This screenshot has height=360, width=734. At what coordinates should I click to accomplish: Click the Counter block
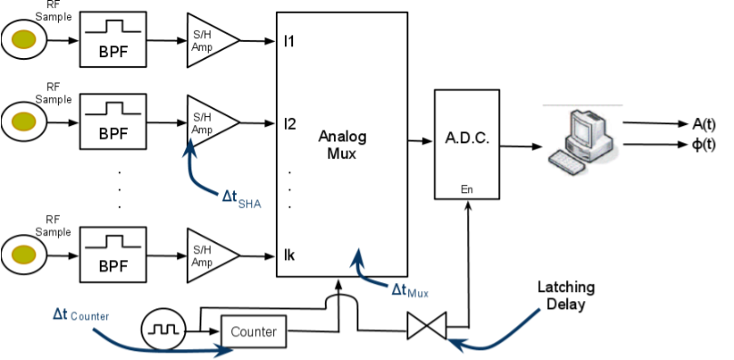(x=254, y=332)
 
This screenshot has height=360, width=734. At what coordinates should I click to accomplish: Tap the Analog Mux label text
(x=342, y=144)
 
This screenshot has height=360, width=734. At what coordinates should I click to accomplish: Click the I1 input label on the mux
(x=289, y=41)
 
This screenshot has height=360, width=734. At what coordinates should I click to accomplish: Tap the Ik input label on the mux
(x=289, y=256)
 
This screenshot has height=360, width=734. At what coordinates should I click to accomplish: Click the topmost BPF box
(x=113, y=40)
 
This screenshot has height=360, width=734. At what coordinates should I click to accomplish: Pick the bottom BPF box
(x=113, y=254)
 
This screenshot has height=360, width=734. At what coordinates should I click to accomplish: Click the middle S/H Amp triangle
(x=210, y=121)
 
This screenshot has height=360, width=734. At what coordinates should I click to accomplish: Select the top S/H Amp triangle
(x=210, y=40)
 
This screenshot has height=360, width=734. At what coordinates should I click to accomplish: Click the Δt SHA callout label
(x=240, y=199)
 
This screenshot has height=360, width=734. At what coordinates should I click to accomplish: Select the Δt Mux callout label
(x=409, y=290)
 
